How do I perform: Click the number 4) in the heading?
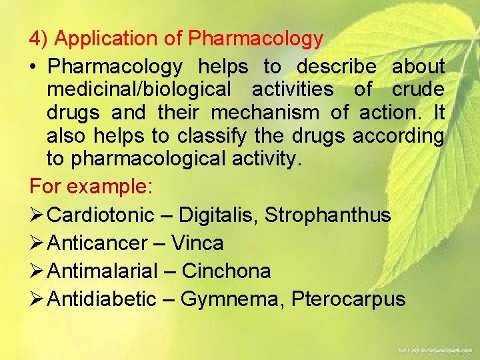coord(39,39)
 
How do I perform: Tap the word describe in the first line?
coord(337,67)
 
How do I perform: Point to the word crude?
coord(417,90)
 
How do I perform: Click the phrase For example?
coord(91,186)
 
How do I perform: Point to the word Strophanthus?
coord(328,215)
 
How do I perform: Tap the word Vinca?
coord(197,243)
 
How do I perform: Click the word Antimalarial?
coord(103,271)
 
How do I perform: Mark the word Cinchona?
coord(226,271)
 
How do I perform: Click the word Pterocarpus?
coord(348,299)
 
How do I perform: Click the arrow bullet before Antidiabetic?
coord(37,299)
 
